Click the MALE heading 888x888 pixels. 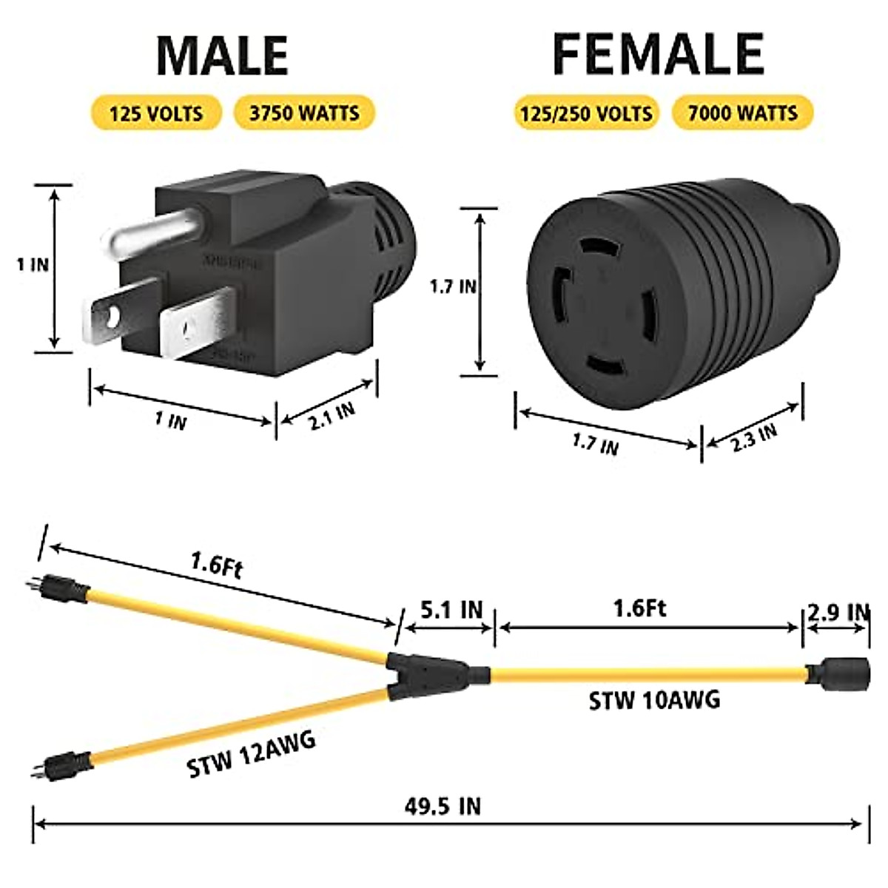(222, 56)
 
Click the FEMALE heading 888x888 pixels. (658, 54)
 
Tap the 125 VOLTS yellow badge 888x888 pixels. (155, 113)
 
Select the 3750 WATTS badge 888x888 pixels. (304, 113)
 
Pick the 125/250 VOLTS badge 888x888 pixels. (586, 113)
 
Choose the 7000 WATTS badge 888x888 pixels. (742, 113)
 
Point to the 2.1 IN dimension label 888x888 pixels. (332, 416)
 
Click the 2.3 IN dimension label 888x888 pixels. (754, 437)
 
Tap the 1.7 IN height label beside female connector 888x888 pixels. (453, 286)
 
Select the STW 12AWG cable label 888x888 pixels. (252, 754)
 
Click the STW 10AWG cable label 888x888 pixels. (654, 699)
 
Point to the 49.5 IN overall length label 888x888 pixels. (443, 806)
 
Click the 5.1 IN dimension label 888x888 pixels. (451, 610)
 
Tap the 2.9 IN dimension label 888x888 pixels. (838, 612)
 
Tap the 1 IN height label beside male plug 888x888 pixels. (33, 264)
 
